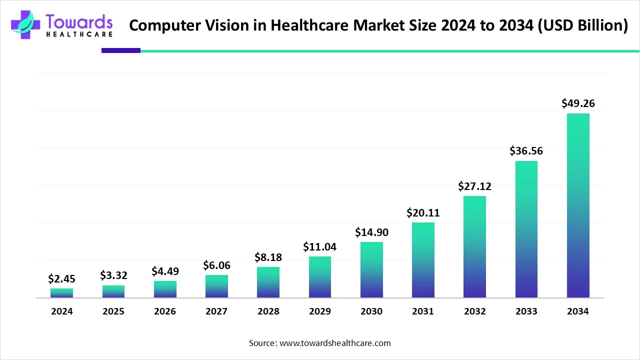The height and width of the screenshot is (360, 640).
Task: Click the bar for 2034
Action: (578, 205)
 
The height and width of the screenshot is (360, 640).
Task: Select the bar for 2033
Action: (526, 229)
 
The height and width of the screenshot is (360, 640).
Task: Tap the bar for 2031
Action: (423, 260)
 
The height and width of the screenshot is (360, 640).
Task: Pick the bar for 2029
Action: (320, 277)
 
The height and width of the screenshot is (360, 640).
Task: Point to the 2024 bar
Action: (61, 293)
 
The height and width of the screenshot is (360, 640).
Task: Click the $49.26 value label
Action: (578, 103)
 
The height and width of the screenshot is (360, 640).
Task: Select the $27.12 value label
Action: (474, 186)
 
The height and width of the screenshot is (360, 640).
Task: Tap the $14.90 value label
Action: (371, 232)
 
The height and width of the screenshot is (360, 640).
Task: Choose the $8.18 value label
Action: (268, 257)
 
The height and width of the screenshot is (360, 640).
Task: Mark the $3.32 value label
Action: (113, 275)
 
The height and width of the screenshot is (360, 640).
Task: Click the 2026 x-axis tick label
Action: (165, 311)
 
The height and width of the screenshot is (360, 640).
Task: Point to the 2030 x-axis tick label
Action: (371, 311)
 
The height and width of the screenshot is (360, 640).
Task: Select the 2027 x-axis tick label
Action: (216, 311)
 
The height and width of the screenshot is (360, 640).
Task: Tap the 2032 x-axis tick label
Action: (474, 311)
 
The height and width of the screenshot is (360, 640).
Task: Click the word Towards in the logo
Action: (79, 21)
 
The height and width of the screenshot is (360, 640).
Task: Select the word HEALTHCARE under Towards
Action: (79, 34)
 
